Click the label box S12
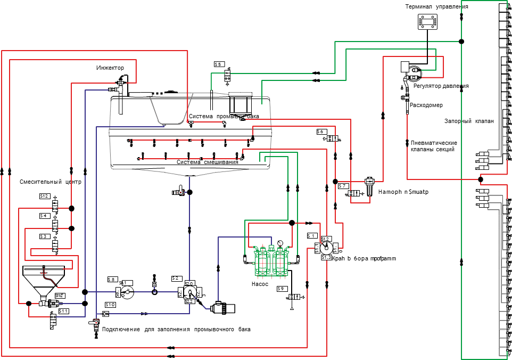pos(44,196)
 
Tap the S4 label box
pos(44,216)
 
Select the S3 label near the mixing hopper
pos(44,235)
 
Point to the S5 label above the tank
pos(218,64)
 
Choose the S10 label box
pos(110,304)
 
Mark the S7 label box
pos(343,186)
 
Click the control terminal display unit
pos(428,22)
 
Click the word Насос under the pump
pos(260,284)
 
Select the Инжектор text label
pos(110,68)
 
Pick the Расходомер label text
pos(426,105)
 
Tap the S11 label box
pos(63,310)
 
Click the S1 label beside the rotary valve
pos(312,235)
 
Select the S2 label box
pos(176,278)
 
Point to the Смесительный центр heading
pos(51,182)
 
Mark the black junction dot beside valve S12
pos(71,208)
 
